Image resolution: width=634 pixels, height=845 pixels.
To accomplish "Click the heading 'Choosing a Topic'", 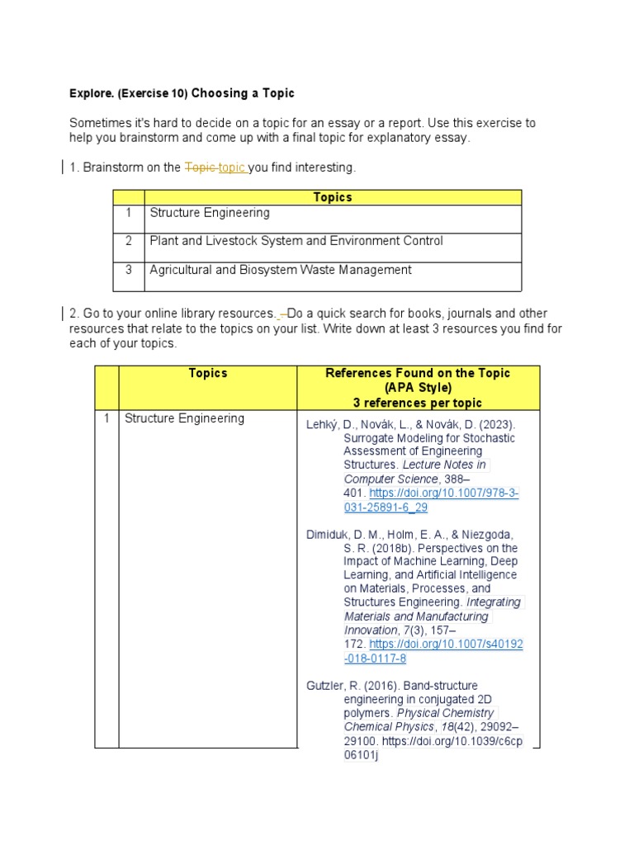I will [x=243, y=93].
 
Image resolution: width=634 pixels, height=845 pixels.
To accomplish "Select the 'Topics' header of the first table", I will [x=333, y=197].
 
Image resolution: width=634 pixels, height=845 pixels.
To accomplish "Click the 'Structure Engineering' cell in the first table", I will [x=210, y=213].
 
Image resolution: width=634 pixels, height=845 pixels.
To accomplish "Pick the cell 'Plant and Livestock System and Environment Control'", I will [x=296, y=241].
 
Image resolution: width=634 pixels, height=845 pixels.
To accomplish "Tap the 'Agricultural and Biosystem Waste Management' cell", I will [x=281, y=270].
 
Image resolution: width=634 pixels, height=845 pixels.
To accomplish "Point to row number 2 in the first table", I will [x=129, y=241].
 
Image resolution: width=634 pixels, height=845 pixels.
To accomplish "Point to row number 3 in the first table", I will [x=129, y=270].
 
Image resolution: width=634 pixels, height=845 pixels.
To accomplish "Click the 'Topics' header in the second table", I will [x=208, y=373].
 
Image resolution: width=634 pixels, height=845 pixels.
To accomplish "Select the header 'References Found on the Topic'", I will [x=418, y=373].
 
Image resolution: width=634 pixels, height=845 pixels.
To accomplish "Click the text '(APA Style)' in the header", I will [x=418, y=388].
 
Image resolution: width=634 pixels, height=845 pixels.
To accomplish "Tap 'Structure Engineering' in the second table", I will [x=184, y=418].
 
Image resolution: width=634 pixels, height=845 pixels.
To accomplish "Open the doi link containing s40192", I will [x=446, y=644].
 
